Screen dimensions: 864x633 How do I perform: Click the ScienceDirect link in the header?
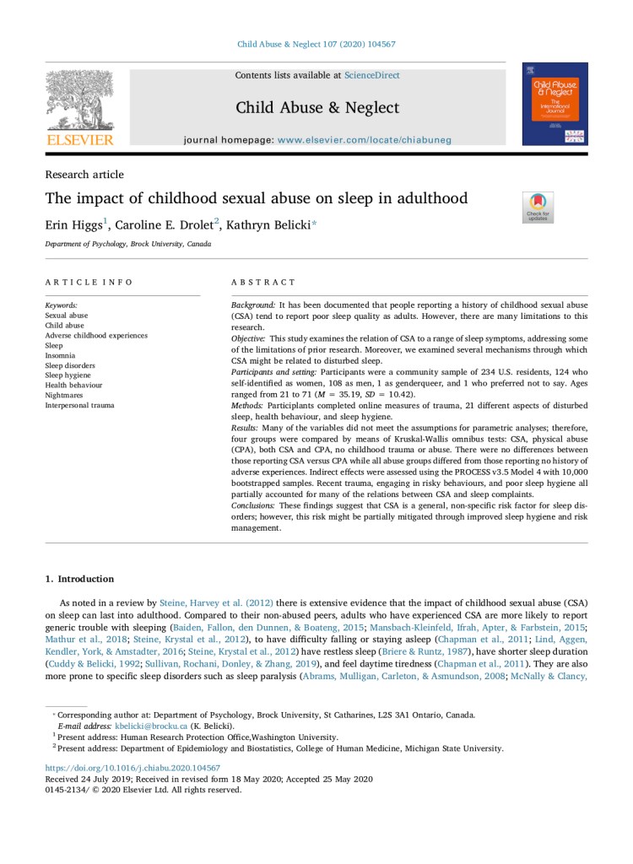click(x=371, y=75)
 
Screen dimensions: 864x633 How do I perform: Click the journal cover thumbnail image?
click(x=555, y=104)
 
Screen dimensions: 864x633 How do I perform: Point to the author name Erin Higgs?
click(x=73, y=227)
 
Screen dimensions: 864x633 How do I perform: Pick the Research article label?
click(x=84, y=175)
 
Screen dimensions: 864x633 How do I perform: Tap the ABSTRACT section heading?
click(x=263, y=282)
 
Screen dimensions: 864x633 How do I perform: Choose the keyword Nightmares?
click(x=66, y=396)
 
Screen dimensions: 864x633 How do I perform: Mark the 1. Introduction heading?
click(x=78, y=579)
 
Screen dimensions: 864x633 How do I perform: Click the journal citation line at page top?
click(x=316, y=44)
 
